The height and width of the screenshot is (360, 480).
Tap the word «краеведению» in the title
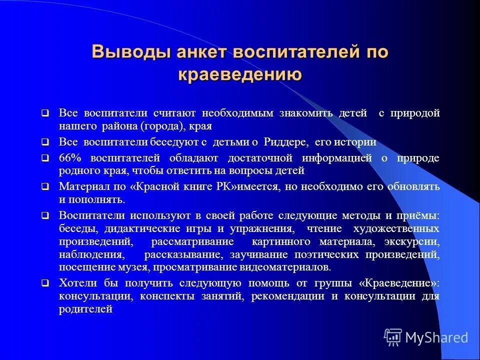239,74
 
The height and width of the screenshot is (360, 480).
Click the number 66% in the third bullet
70,158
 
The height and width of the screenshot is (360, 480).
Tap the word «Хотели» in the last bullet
76,283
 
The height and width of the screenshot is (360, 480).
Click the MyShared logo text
436,337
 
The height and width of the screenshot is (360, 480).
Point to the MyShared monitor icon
393,337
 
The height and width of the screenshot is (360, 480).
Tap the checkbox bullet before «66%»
45,158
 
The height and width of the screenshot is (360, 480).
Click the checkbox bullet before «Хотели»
45,283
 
